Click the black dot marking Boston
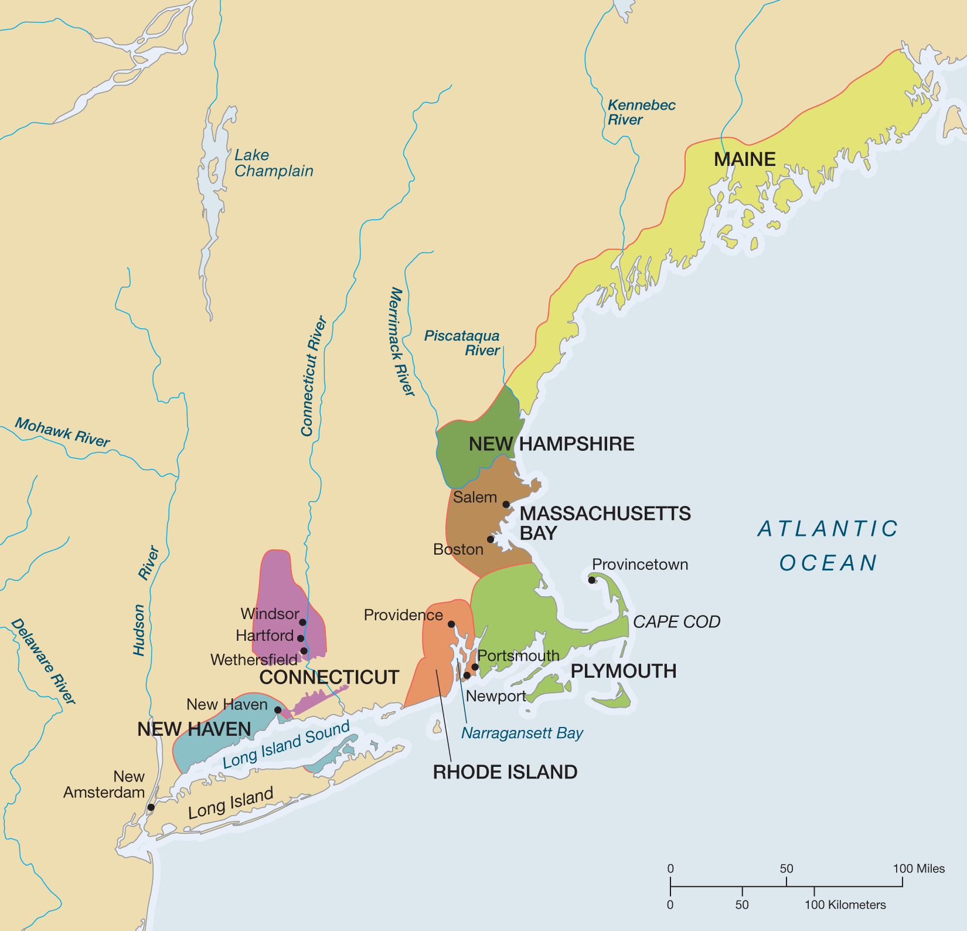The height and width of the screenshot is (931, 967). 491,539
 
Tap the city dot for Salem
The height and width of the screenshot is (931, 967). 506,504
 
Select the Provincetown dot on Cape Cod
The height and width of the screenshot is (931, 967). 592,580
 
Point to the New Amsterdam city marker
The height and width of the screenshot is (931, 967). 151,807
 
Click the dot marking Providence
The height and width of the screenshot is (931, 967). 451,624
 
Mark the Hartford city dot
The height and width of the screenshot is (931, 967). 301,638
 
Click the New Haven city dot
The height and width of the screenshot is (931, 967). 278,710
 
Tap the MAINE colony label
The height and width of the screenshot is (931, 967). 744,159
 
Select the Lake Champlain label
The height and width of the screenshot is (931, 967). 274,163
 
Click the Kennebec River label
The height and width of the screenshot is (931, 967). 641,112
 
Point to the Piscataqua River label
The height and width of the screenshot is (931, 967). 462,343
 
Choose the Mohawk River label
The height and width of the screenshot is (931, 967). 62,433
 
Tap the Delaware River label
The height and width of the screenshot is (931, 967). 43,661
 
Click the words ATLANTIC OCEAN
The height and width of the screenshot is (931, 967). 828,545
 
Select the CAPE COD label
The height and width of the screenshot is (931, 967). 676,621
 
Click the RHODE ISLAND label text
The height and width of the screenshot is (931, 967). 505,772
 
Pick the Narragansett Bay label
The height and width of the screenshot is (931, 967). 522,733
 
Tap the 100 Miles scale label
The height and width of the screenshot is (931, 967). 918,869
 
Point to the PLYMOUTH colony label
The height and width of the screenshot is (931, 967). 623,671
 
